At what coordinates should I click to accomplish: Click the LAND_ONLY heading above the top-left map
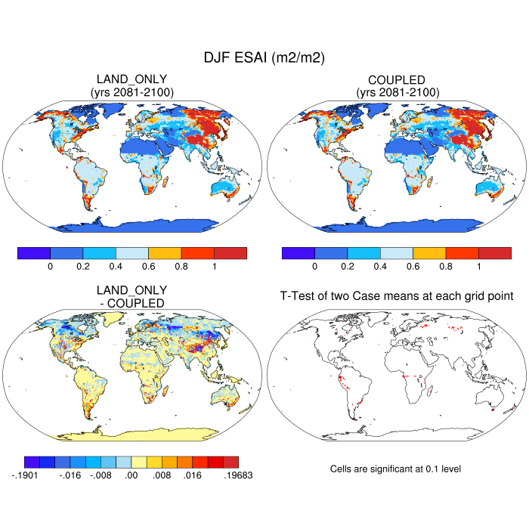coord(131,79)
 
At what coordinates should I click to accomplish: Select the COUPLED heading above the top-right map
coord(396,79)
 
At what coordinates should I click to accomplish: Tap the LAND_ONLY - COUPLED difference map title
coord(131,296)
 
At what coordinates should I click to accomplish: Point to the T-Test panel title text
coord(396,297)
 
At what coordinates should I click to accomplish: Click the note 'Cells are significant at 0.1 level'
coord(395,469)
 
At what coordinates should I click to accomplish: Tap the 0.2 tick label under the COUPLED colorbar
coord(348,267)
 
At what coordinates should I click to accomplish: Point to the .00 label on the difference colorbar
coord(131,477)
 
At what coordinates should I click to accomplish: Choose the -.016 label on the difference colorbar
coord(70,477)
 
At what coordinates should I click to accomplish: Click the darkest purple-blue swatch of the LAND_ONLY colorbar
coord(34,253)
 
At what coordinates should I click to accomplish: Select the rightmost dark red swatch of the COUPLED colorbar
coord(495,253)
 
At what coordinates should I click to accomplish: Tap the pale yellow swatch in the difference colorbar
coord(139,462)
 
